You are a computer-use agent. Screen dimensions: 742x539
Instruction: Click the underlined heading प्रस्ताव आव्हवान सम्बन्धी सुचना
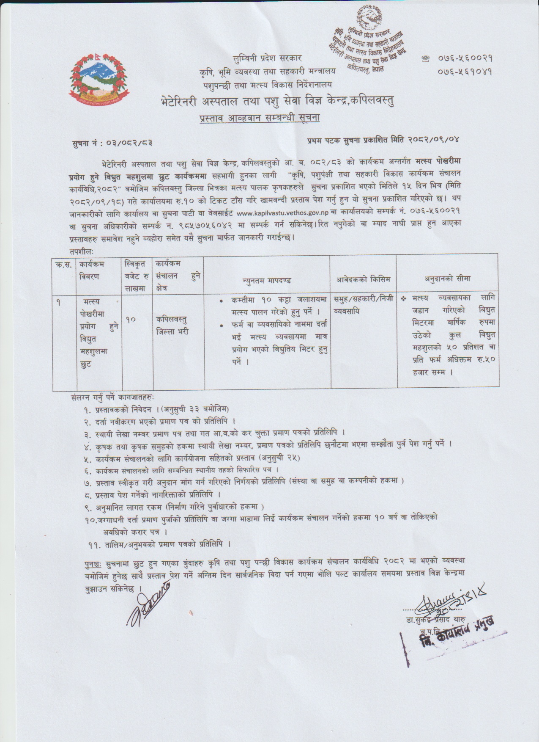(260, 117)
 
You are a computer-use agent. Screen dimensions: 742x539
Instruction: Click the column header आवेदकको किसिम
(363, 279)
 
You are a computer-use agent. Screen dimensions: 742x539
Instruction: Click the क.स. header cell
(64, 265)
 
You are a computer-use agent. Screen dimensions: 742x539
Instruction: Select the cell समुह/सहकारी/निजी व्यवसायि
(363, 304)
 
